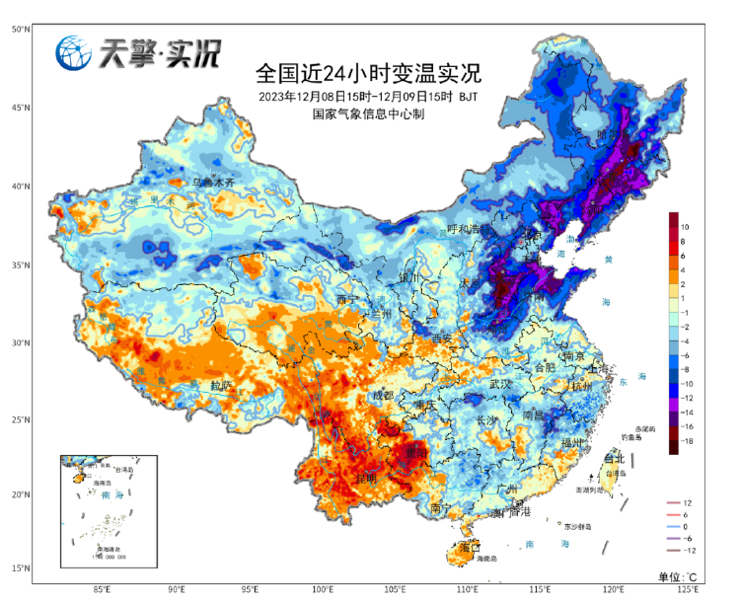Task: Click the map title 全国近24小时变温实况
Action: [x=368, y=72]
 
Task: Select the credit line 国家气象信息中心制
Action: [x=368, y=114]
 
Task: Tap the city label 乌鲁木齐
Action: [x=213, y=183]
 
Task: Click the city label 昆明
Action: [x=366, y=478]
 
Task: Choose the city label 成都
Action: [x=382, y=396]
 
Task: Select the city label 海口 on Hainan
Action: [x=469, y=546]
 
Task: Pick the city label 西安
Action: [x=439, y=339]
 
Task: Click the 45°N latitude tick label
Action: [x=19, y=108]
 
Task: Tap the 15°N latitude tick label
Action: [x=19, y=568]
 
